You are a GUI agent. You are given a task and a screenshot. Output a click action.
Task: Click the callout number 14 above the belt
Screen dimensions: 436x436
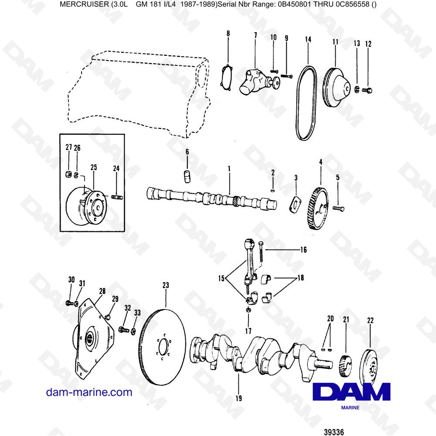pos(308,39)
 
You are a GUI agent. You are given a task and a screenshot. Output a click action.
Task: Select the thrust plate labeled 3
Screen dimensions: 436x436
pos(296,203)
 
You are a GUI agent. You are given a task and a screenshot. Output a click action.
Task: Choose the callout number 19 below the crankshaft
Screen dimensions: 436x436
pos(238,398)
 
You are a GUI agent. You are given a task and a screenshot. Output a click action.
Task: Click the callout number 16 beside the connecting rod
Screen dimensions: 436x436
pos(303,250)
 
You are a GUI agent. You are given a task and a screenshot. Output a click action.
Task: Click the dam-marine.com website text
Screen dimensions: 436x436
pos(89,392)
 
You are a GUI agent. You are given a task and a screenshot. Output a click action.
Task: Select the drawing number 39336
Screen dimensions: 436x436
pos(334,432)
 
